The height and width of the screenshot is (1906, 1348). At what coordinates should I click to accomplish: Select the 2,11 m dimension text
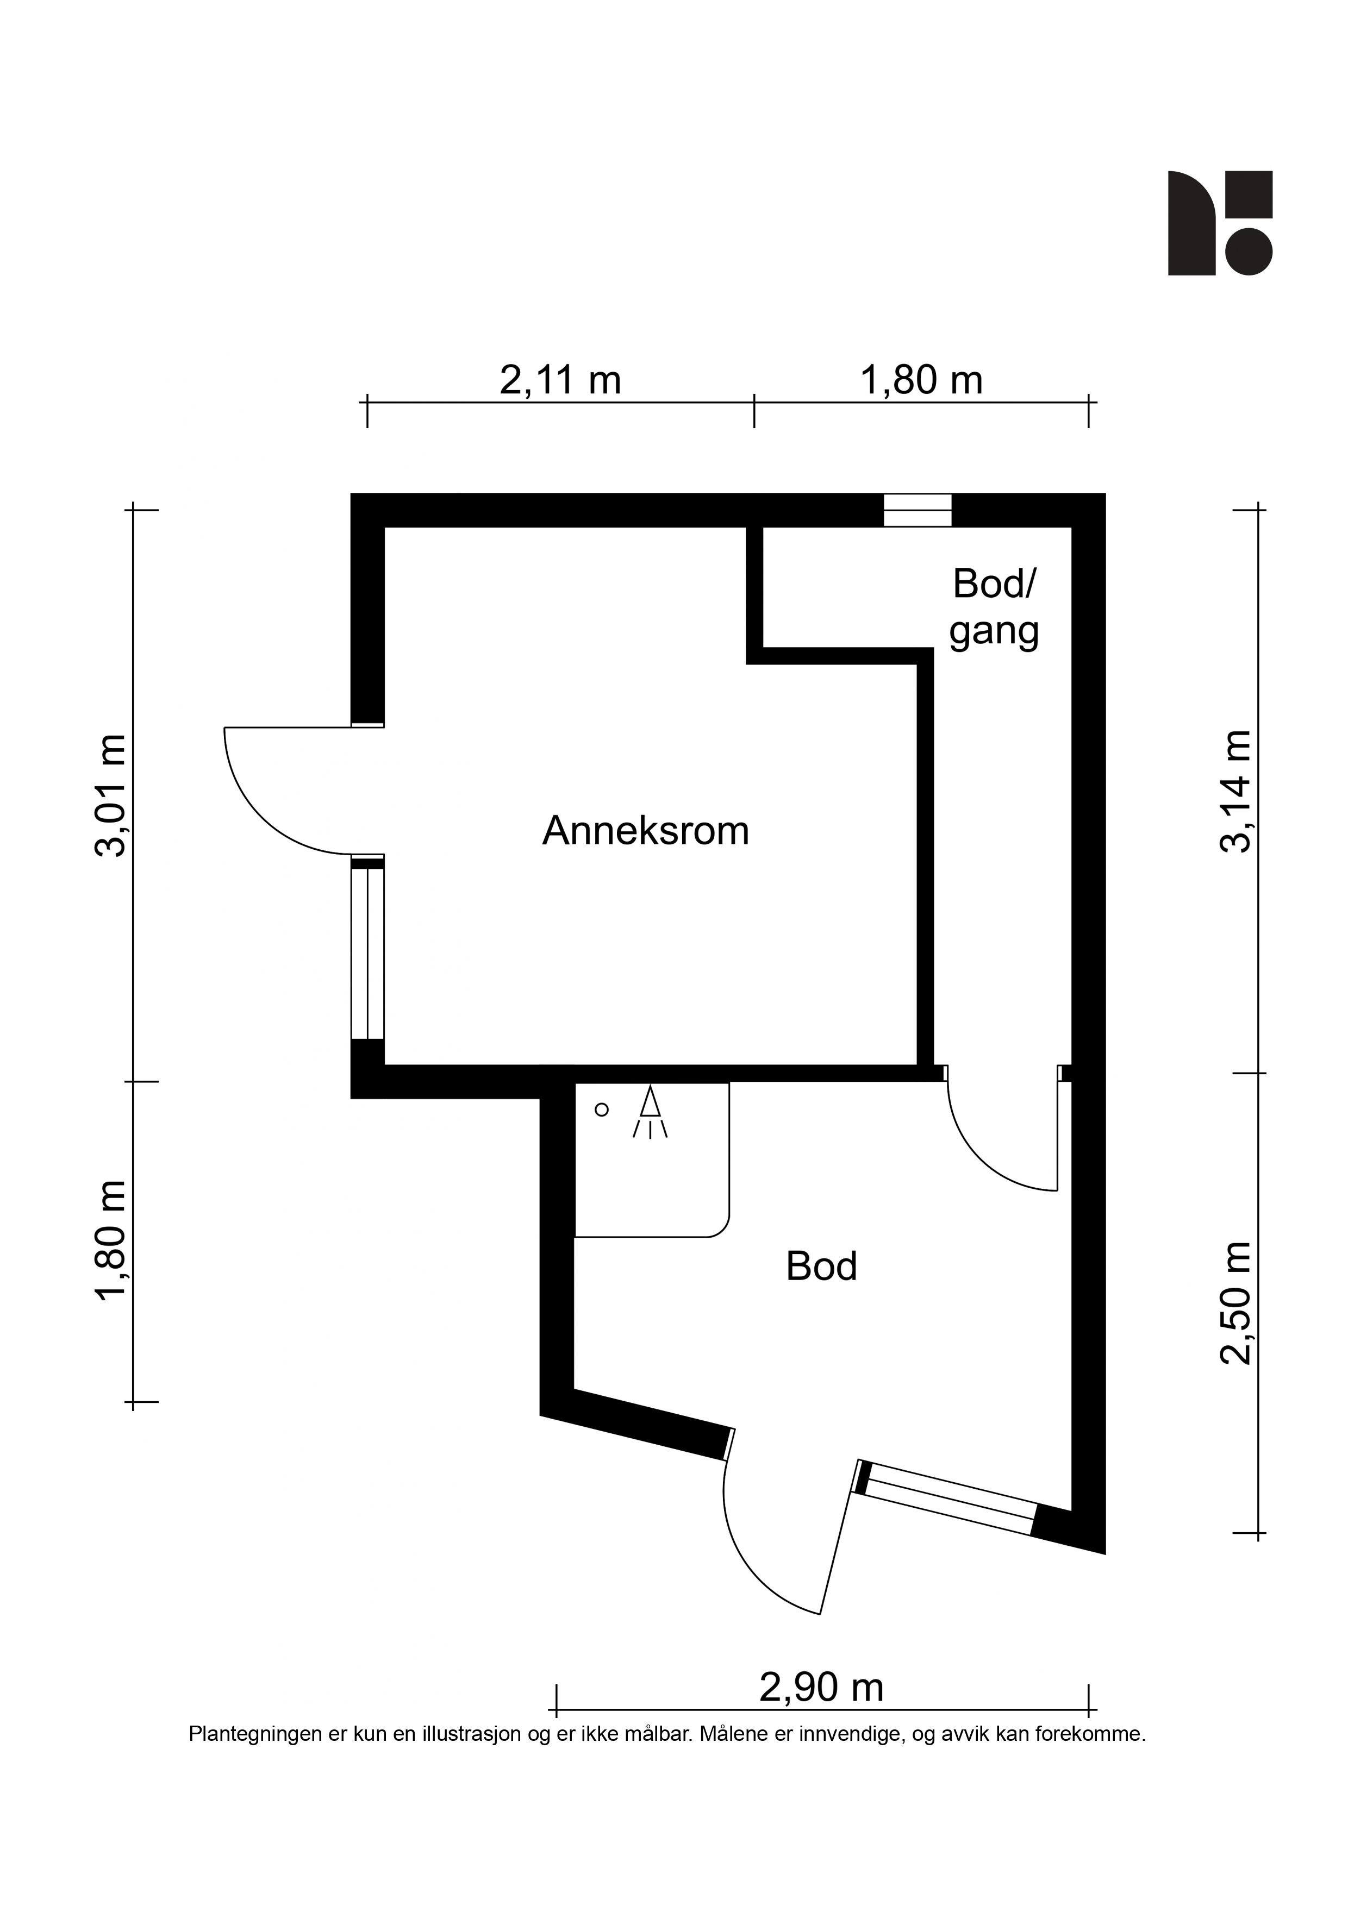point(560,380)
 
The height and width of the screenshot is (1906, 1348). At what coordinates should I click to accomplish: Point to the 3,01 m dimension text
point(111,795)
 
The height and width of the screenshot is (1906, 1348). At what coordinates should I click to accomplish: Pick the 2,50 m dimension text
point(1236,1302)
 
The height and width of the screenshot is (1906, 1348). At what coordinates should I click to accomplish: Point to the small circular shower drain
point(602,1109)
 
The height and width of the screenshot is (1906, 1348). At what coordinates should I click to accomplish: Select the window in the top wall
point(917,510)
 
